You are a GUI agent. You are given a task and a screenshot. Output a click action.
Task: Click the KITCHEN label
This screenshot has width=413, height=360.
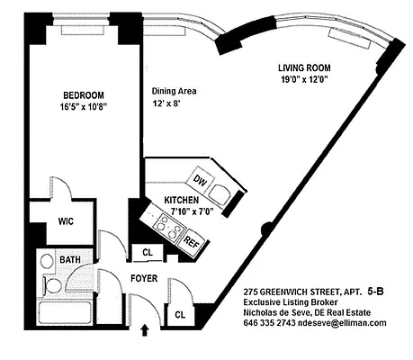click(x=183, y=200)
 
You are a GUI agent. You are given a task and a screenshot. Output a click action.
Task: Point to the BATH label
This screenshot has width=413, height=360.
click(x=69, y=260)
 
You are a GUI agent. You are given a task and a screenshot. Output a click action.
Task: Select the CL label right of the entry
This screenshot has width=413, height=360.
click(x=179, y=314)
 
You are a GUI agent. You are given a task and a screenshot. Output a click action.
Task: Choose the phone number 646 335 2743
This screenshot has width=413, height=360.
click(x=273, y=322)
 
